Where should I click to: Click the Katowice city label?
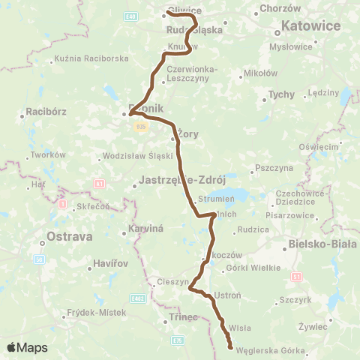click(x=310, y=26)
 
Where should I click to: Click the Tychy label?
click(x=282, y=94)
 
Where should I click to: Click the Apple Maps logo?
click(x=27, y=347)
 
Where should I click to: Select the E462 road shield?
click(x=138, y=298)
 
